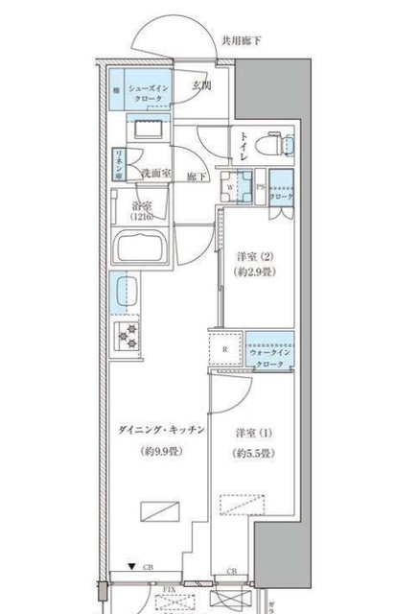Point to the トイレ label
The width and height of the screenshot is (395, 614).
point(245,146)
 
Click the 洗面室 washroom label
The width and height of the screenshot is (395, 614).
point(156,175)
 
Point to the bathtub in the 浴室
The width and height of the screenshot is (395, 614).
point(139,252)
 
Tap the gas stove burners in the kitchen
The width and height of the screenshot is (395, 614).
point(127,336)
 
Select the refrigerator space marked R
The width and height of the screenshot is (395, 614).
point(223,350)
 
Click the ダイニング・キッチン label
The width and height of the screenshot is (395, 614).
point(155,431)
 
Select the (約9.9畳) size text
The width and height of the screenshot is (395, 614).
point(156,451)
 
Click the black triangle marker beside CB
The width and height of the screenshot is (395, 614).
point(132,566)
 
